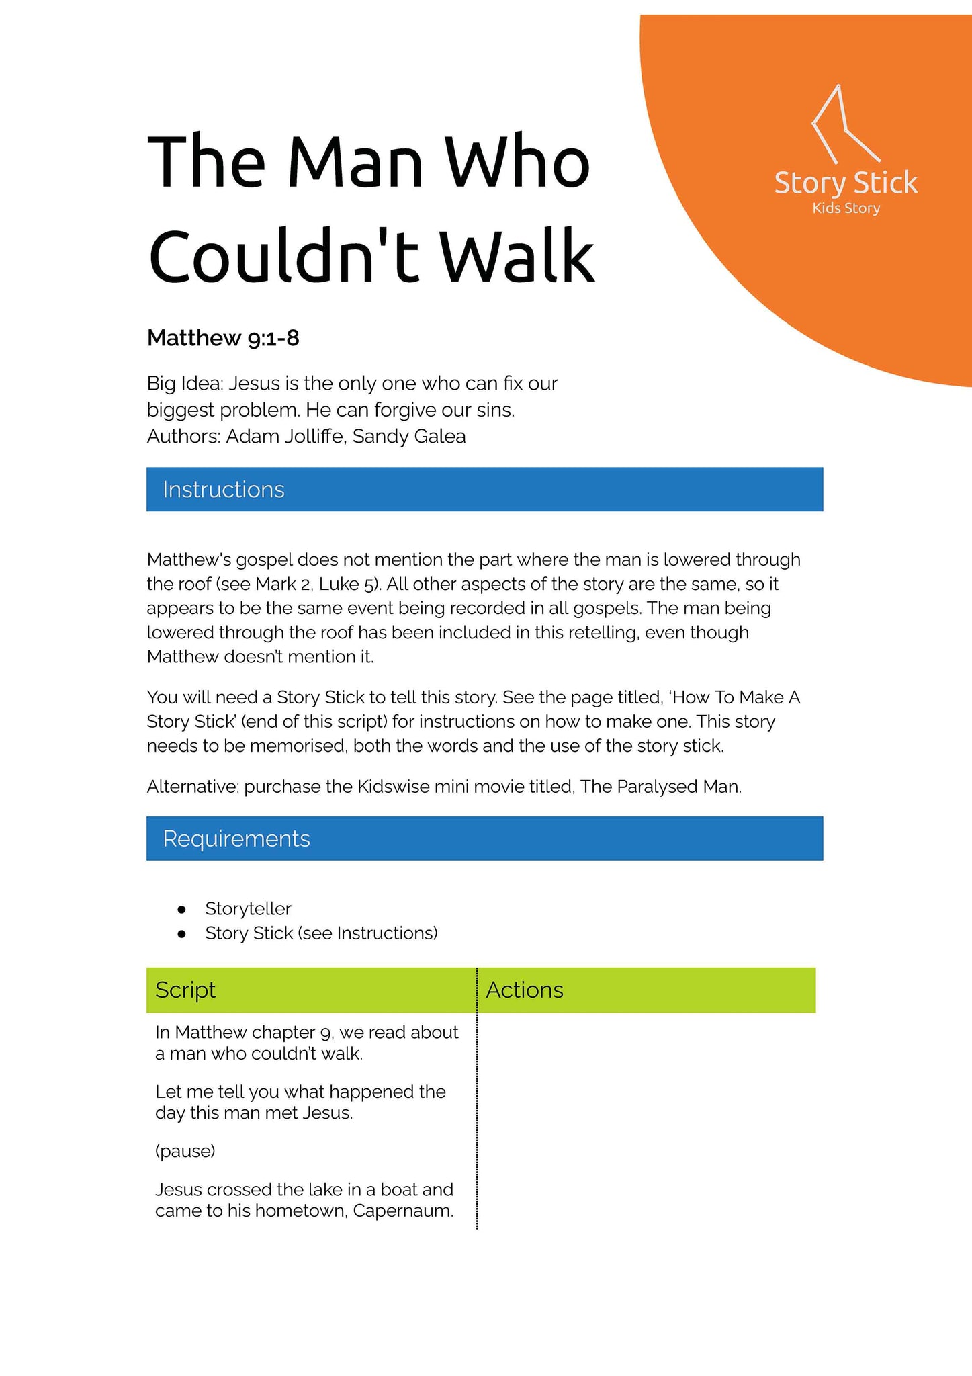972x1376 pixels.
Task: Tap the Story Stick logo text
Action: click(x=846, y=183)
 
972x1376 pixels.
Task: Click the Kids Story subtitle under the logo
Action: click(x=846, y=208)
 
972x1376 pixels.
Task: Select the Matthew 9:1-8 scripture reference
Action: click(x=223, y=338)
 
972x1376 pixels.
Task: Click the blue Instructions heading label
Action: click(x=224, y=490)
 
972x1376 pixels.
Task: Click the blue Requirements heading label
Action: click(x=236, y=839)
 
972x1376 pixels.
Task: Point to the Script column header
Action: click(x=185, y=990)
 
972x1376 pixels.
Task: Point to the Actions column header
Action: click(x=525, y=990)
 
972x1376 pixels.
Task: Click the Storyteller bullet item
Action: click(x=248, y=909)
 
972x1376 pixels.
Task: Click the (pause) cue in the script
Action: click(x=185, y=1151)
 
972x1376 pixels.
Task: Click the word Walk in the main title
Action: click(x=517, y=257)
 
